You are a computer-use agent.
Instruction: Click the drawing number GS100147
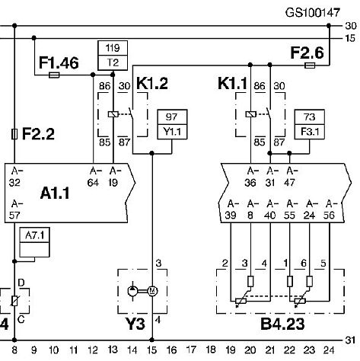tap(313, 12)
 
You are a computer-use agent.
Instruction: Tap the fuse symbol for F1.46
tap(54, 75)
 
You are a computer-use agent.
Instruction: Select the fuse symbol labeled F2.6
tap(310, 65)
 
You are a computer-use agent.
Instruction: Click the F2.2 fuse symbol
tap(14, 134)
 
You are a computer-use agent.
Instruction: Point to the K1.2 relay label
tap(152, 83)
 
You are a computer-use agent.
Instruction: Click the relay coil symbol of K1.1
tap(251, 114)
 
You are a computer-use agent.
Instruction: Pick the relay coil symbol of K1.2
tap(113, 114)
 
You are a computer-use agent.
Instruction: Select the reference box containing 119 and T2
tap(113, 56)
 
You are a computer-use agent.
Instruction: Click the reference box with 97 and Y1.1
tap(172, 124)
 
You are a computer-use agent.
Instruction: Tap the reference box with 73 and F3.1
tap(310, 124)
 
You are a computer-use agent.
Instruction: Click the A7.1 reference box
tap(34, 242)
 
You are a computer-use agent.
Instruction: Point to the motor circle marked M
tap(152, 291)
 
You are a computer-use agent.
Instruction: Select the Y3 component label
tap(135, 324)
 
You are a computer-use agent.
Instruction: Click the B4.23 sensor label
tap(282, 324)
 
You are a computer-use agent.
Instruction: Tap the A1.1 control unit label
tap(55, 193)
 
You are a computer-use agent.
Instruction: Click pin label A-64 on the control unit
tap(94, 177)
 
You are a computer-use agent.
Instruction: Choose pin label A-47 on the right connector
tap(291, 177)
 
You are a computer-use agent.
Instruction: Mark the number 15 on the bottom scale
tap(151, 350)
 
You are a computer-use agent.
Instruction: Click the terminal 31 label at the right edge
tap(350, 340)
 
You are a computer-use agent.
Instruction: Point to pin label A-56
tap(330, 209)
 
